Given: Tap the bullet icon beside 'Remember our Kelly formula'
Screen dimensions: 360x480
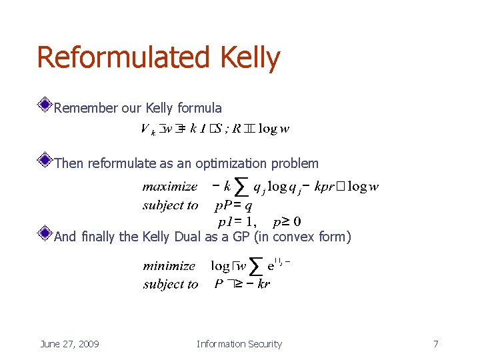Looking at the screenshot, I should [x=45, y=104].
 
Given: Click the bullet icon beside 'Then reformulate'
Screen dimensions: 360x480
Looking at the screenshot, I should [x=45, y=160].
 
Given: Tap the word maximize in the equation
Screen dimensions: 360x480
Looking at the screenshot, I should [x=170, y=187].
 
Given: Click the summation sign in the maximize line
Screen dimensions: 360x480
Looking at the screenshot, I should [x=242, y=188].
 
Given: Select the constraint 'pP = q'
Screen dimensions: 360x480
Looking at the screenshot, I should [x=233, y=205].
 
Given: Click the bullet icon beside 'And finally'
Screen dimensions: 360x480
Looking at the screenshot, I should [x=45, y=233].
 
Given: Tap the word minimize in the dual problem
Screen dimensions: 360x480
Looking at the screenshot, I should [x=169, y=266].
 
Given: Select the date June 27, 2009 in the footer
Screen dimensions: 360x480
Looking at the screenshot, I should [x=69, y=344].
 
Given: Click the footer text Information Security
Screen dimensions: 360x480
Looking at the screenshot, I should [x=239, y=344].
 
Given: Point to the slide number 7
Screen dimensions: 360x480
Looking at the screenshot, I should [x=435, y=344].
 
